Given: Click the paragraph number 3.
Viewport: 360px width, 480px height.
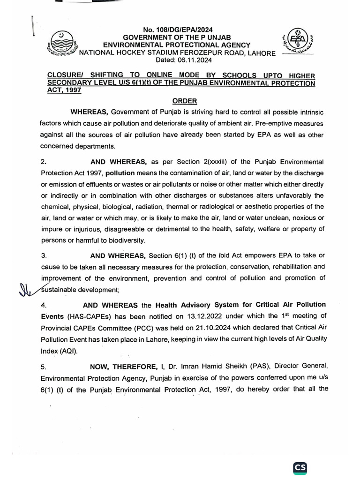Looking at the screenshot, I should coord(44,255).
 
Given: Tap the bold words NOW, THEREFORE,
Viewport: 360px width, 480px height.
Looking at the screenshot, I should coord(118,368).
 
